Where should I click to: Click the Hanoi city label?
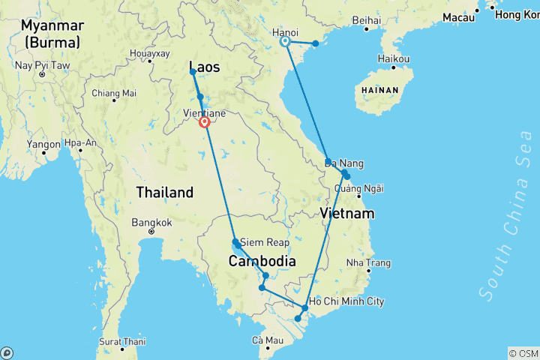[x=285, y=32]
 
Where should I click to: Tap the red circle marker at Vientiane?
[x=204, y=122]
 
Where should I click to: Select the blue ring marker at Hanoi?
[x=286, y=42]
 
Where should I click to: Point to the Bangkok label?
[x=151, y=223]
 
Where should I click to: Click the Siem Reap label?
[x=263, y=242]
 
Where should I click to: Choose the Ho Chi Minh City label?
[x=346, y=301]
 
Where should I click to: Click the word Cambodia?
[x=262, y=261]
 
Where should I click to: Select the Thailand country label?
[x=164, y=193]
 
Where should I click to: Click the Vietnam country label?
[x=346, y=214]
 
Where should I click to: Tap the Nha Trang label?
[x=369, y=263]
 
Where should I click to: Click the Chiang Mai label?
[x=114, y=94]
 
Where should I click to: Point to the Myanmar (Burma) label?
[x=52, y=34]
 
